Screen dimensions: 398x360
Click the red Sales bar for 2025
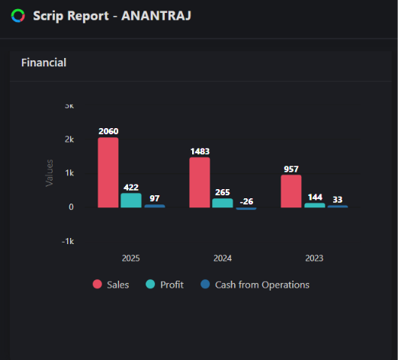(x=108, y=172)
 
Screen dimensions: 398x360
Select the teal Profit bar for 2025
(x=131, y=201)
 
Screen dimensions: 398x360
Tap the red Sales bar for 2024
(x=200, y=182)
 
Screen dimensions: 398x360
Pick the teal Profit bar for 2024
(x=223, y=203)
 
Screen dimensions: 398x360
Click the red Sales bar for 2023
(x=291, y=191)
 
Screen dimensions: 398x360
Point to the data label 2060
(x=108, y=131)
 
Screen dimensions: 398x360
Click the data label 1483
(x=200, y=151)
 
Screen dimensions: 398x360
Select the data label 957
(x=291, y=169)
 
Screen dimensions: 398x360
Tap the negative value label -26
(x=246, y=201)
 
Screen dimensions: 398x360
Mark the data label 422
(x=131, y=188)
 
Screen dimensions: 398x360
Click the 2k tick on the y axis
(x=69, y=140)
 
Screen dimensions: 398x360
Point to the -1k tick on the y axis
(x=68, y=241)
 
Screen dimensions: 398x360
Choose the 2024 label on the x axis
(x=223, y=259)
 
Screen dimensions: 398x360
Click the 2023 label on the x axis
(x=314, y=259)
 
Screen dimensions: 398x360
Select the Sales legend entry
(x=111, y=284)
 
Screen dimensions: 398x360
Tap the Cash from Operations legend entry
(x=255, y=284)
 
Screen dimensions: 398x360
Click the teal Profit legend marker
(x=150, y=284)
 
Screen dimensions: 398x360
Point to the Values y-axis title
(x=50, y=173)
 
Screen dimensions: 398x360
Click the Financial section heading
(x=43, y=63)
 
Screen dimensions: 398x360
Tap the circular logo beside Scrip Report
(x=18, y=16)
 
